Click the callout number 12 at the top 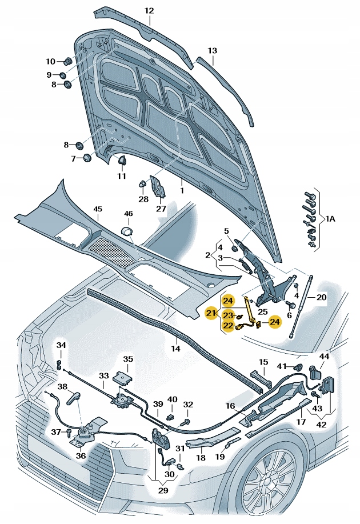click(149, 10)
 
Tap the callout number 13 click(212, 51)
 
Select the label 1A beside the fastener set click(331, 219)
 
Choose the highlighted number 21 click(210, 313)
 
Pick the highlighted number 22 click(227, 326)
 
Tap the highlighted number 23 click(227, 315)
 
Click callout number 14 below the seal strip click(175, 348)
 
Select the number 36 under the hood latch click(81, 455)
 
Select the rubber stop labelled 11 click(121, 161)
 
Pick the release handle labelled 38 click(75, 395)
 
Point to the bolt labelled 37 click(67, 432)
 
